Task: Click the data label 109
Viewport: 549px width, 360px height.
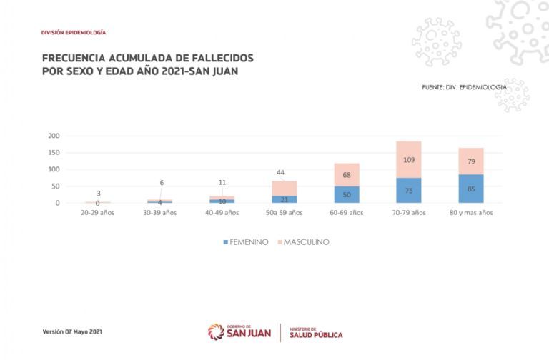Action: (x=408, y=160)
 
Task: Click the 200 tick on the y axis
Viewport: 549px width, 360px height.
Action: (x=54, y=136)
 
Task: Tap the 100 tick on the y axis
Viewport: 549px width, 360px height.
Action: (x=54, y=169)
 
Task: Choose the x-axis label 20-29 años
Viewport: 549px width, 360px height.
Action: (x=97, y=213)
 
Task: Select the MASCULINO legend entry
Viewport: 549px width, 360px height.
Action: (x=306, y=242)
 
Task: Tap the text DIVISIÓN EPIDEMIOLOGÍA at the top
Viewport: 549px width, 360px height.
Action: (x=74, y=33)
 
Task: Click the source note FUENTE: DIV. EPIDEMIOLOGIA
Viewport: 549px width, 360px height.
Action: (x=465, y=87)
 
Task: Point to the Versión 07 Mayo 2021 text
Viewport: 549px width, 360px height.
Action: (x=73, y=332)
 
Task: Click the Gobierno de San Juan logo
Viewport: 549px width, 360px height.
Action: (x=239, y=332)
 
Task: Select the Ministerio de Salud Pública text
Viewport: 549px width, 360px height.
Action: (x=316, y=332)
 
